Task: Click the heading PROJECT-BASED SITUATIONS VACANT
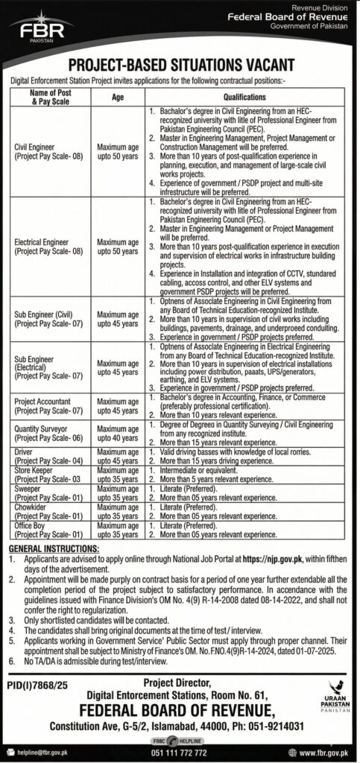click(x=180, y=66)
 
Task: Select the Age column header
click(x=117, y=97)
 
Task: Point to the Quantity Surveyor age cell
click(x=117, y=433)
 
